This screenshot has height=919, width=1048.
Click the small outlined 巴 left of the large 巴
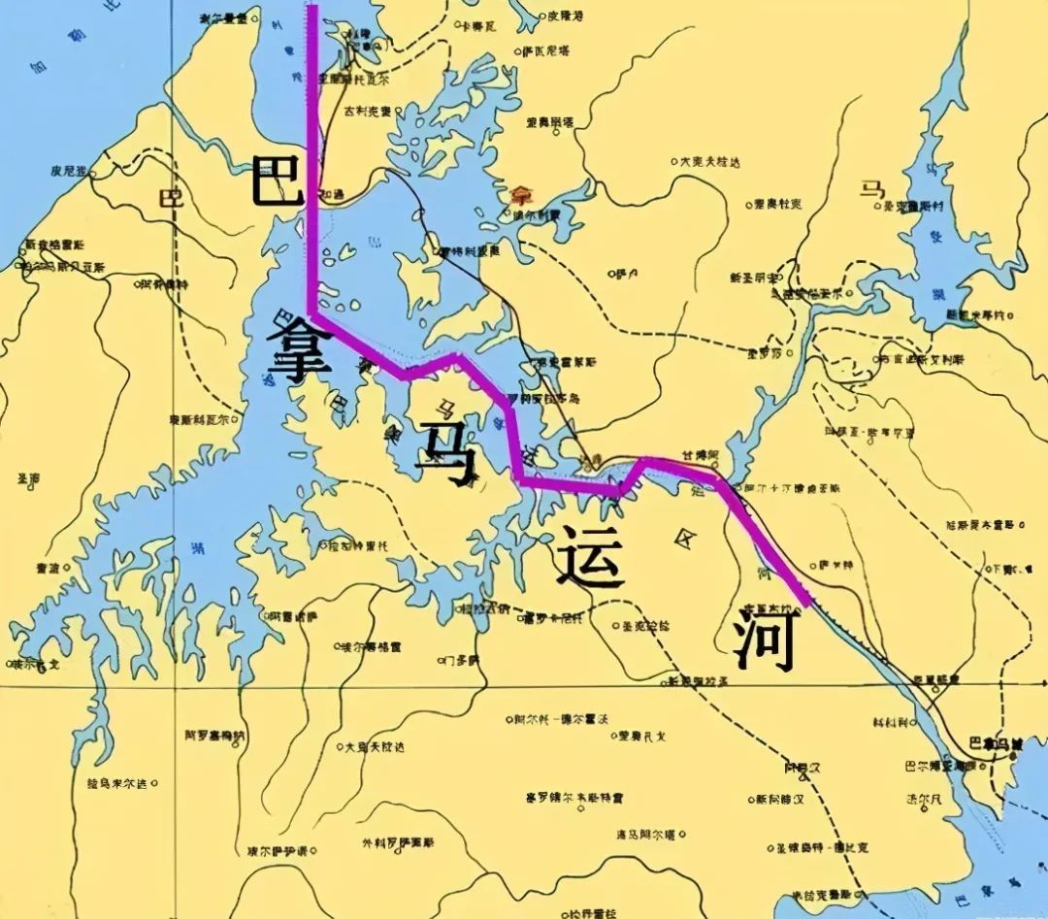[x=171, y=199]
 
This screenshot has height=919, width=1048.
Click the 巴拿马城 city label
[x=996, y=743]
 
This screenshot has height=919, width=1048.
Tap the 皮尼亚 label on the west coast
[x=69, y=171]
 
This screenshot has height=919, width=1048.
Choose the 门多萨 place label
[x=458, y=661]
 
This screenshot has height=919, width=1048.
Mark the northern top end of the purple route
[x=312, y=8]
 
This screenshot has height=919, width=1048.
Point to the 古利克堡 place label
[x=367, y=111]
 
